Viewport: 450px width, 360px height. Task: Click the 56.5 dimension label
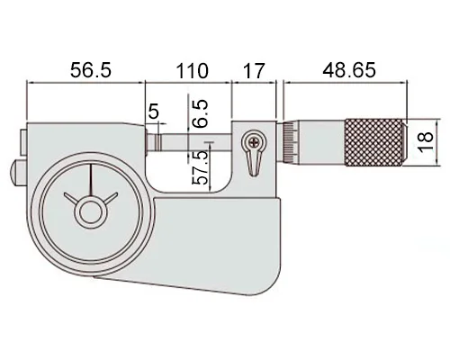pyautogui.click(x=91, y=70)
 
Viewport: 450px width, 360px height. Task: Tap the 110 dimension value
pyautogui.click(x=192, y=71)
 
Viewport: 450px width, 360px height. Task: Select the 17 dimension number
pyautogui.click(x=254, y=71)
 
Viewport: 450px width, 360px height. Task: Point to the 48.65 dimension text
pyautogui.click(x=349, y=70)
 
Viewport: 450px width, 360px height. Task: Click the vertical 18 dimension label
pyautogui.click(x=426, y=142)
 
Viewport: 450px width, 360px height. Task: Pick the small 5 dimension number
pyautogui.click(x=153, y=112)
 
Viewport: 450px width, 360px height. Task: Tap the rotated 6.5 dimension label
pyautogui.click(x=200, y=113)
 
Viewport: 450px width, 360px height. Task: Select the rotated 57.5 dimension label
pyautogui.click(x=200, y=167)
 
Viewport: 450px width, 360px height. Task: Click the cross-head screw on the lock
pyautogui.click(x=255, y=140)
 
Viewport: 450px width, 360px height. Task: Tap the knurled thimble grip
pyautogui.click(x=375, y=142)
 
